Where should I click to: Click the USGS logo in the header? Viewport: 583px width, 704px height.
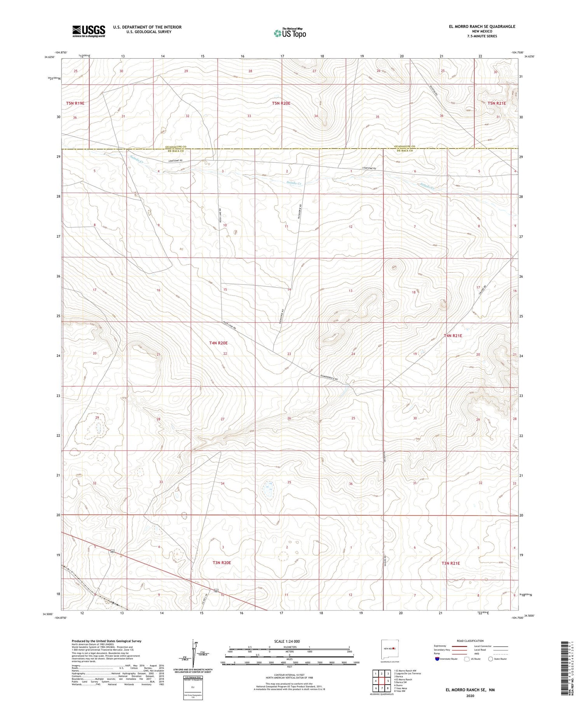(x=88, y=31)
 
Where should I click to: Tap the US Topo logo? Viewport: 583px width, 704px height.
(x=290, y=33)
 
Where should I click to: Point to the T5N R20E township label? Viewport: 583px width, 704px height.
(x=281, y=103)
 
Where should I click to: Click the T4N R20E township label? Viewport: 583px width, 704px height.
(x=218, y=343)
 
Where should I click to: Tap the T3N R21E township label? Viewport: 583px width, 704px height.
(x=450, y=563)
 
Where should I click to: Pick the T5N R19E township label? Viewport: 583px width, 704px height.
(x=75, y=103)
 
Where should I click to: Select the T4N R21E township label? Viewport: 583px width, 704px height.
(x=453, y=335)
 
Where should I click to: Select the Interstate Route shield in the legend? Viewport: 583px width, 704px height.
(x=437, y=659)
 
